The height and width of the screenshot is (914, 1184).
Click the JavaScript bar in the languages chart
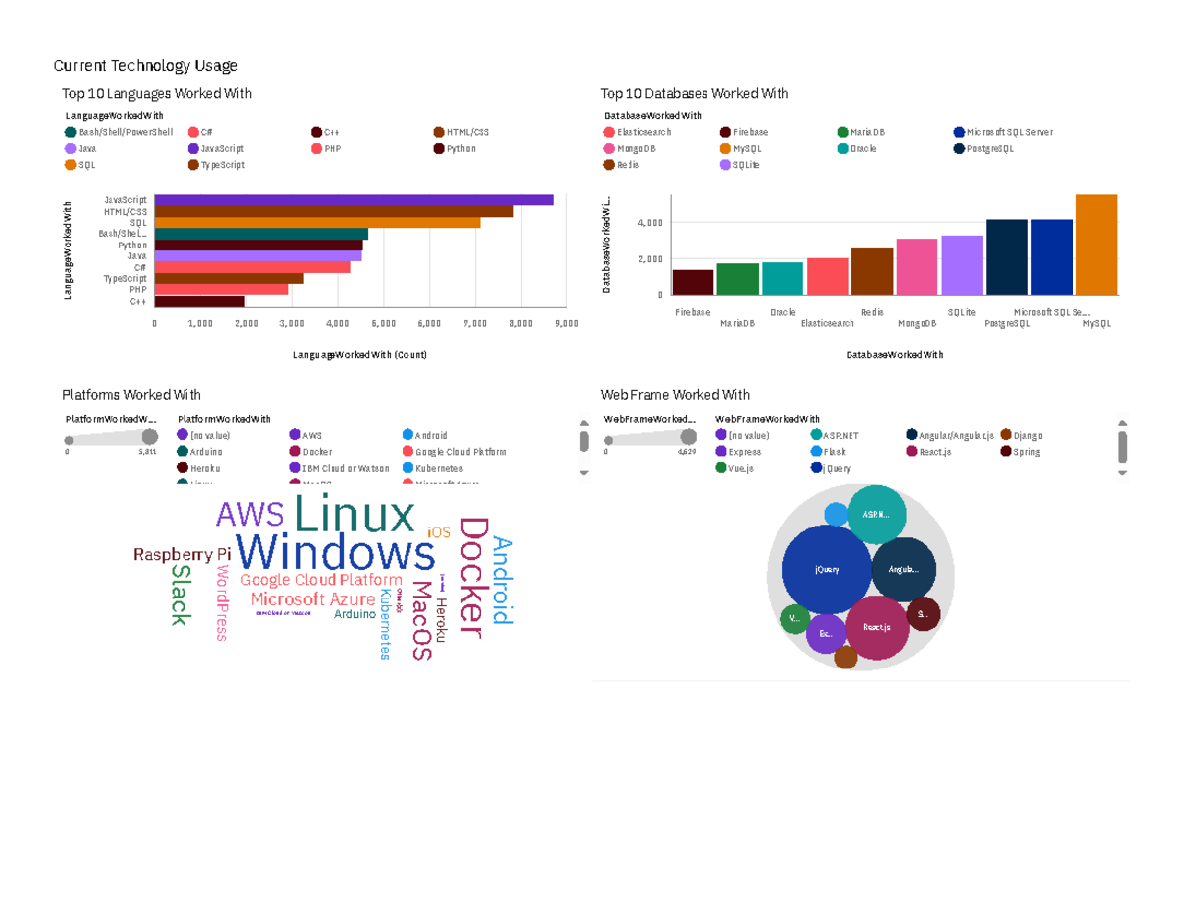tap(353, 200)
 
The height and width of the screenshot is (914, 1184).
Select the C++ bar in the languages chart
tap(199, 301)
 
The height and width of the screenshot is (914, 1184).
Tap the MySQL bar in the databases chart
tap(1096, 245)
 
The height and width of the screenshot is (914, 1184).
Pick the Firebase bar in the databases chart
tap(693, 282)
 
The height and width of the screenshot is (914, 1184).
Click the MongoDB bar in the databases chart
tap(917, 266)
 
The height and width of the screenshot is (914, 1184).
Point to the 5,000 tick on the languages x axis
tap(383, 322)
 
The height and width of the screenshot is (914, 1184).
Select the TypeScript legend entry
tap(222, 165)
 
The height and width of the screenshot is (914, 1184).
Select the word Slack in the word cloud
tap(180, 595)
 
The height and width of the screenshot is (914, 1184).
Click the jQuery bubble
tap(827, 570)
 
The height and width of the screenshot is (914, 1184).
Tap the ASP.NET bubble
tap(872, 514)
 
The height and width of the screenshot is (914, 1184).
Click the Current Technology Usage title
tap(145, 66)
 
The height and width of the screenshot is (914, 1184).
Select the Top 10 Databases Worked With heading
tap(695, 94)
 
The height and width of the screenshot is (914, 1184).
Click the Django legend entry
tap(1027, 435)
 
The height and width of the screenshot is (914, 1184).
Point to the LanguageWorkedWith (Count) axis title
tap(360, 354)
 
